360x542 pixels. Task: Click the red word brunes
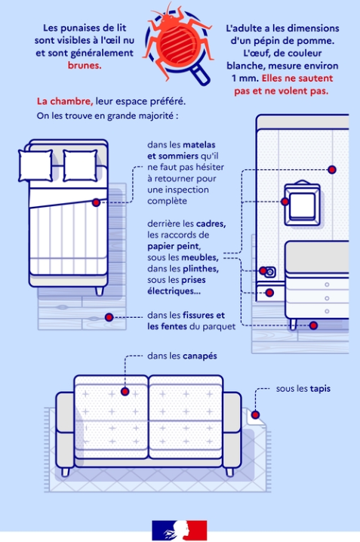[x=85, y=66]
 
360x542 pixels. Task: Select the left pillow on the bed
[x=35, y=165]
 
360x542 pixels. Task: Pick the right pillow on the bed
[x=80, y=165]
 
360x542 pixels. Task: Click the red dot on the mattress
[x=96, y=202]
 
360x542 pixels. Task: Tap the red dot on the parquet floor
[x=109, y=317]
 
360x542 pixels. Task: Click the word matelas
[x=199, y=144]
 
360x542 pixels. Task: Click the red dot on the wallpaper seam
[x=332, y=170]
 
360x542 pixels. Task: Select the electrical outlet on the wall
[x=270, y=272]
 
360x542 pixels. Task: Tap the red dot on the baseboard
[x=269, y=293]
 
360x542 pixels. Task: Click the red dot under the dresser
[x=313, y=325]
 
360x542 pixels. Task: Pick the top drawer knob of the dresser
[x=327, y=285]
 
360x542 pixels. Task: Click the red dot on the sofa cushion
[x=125, y=391]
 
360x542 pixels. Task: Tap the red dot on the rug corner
[x=255, y=414]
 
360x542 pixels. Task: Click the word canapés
[x=200, y=356]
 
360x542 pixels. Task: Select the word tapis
[x=320, y=389]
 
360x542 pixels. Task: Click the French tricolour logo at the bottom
[x=180, y=530]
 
